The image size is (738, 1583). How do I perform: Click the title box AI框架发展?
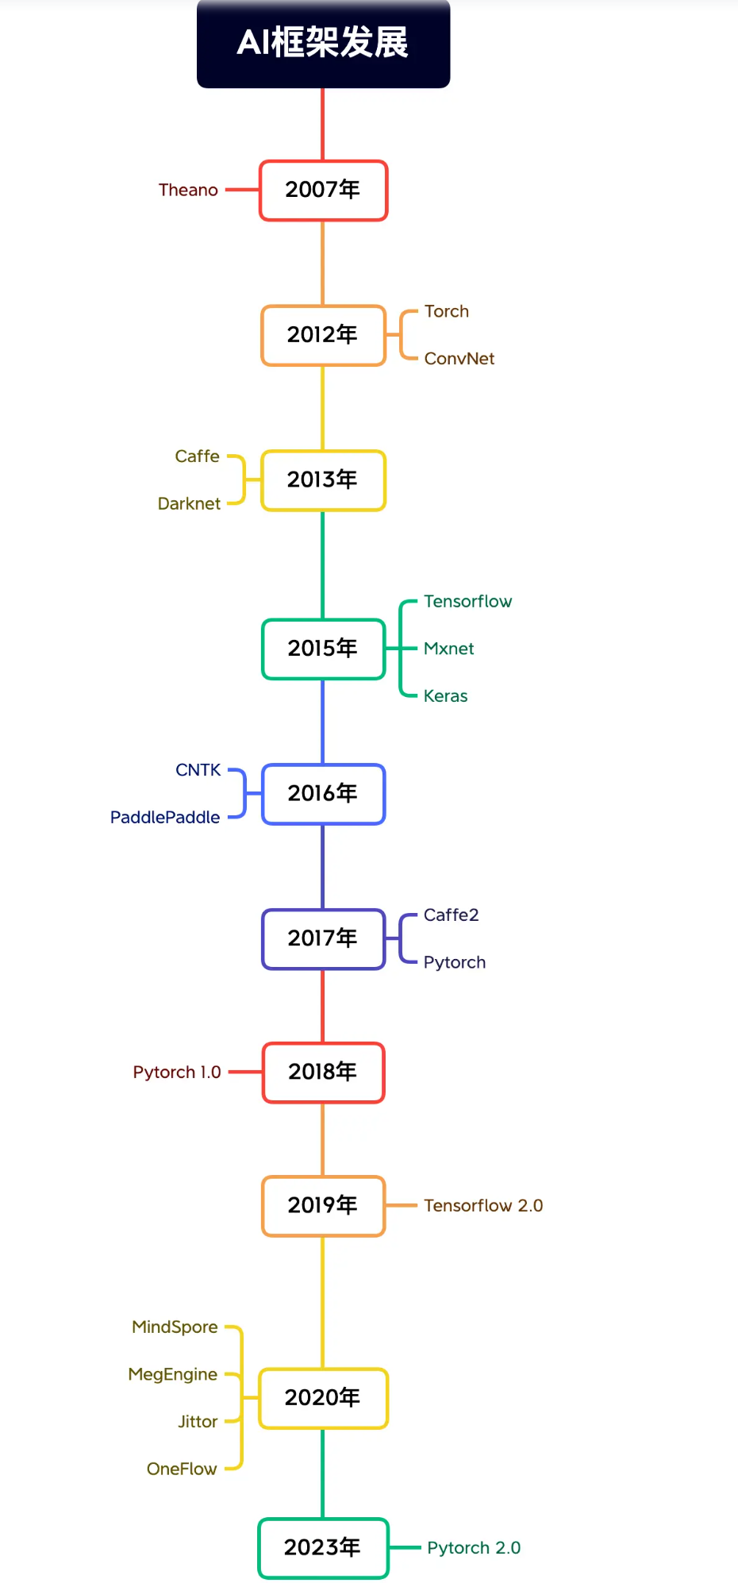323,43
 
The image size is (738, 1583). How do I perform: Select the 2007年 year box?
323,191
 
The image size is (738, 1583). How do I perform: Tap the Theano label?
188,191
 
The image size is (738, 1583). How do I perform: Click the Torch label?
447,311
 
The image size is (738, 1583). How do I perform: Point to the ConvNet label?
459,359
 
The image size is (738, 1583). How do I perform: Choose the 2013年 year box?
323,480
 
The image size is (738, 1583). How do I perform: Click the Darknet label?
189,504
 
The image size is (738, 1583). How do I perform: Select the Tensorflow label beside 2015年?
467,602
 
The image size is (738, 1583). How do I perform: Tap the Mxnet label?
448,649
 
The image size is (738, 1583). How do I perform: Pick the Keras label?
445,696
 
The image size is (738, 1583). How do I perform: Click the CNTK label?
198,770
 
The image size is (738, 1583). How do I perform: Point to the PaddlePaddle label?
165,818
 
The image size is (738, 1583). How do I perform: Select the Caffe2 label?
451,915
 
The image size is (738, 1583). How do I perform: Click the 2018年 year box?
323,1073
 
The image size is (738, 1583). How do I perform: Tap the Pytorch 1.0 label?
177,1073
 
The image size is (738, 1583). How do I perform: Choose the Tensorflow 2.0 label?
483,1206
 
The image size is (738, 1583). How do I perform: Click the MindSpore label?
175,1327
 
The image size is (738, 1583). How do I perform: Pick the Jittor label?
198,1422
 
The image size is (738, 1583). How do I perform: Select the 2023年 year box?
323,1548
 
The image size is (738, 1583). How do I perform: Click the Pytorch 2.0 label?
474,1548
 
